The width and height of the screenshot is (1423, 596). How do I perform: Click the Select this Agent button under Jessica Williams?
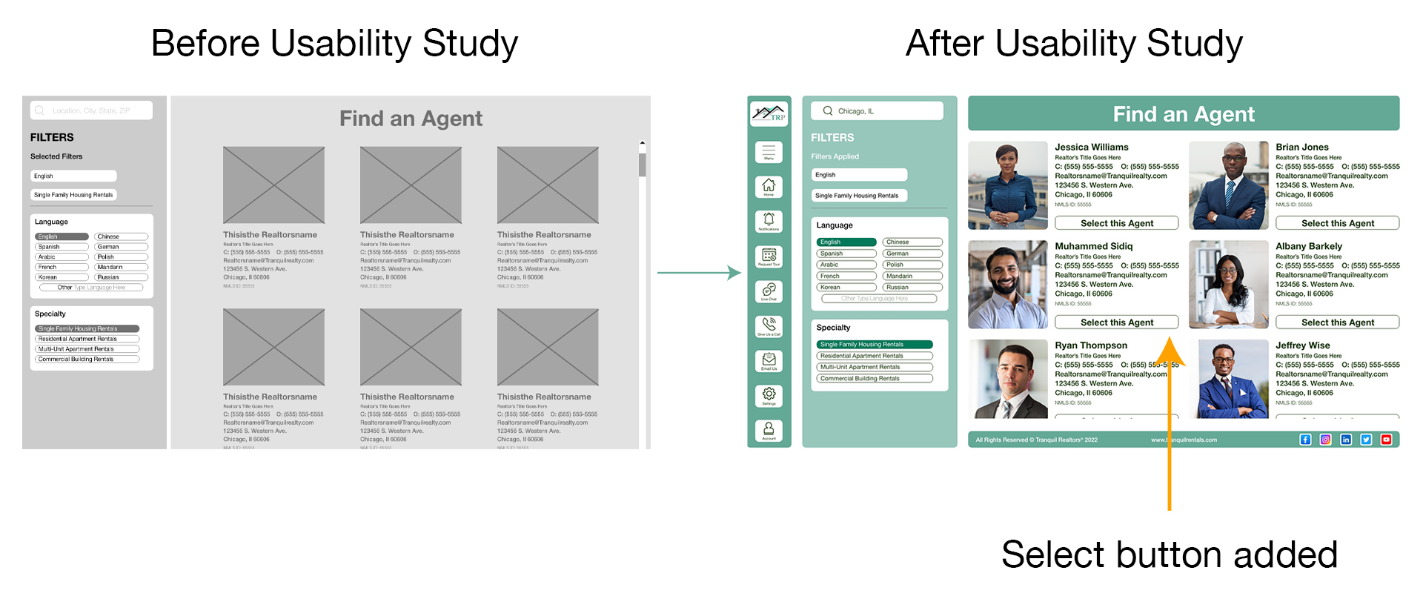pos(1116,223)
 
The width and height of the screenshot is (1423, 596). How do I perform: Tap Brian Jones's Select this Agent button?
pos(1337,223)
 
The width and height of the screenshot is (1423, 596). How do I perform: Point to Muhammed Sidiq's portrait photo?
pos(1007,285)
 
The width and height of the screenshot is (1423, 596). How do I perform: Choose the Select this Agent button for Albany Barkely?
pos(1337,322)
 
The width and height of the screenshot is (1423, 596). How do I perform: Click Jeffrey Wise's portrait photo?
pos(1228,379)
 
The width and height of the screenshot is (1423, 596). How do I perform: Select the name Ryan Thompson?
pos(1090,345)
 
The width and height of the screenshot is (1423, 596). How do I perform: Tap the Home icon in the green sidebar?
pos(769,186)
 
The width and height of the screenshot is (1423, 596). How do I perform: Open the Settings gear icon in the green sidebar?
pos(769,394)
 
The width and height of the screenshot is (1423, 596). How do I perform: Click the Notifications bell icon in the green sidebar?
pos(769,220)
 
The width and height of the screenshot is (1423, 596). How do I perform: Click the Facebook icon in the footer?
pos(1305,440)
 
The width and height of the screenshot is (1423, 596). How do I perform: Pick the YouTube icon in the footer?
pos(1386,440)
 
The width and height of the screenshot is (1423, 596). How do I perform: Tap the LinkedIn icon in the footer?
pos(1346,440)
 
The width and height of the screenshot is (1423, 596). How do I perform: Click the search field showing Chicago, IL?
pos(876,111)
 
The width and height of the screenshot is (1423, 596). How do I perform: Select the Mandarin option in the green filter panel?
pos(912,276)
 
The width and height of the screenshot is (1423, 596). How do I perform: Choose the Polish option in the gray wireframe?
pos(121,257)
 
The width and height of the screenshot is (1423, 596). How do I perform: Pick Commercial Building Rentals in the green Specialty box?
pos(875,378)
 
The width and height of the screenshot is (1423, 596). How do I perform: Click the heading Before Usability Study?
pos(334,43)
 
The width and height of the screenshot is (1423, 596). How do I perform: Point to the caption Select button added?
pos(1169,554)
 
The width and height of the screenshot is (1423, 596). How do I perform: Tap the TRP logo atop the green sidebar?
pos(769,113)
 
